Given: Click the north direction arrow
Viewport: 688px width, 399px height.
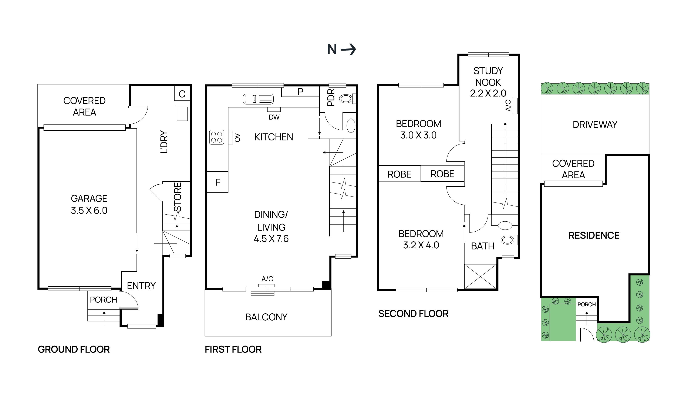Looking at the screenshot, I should tap(349, 50).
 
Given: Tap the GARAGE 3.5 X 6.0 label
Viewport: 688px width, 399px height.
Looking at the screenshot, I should tap(89, 204).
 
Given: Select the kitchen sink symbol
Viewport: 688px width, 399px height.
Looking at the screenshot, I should tap(258, 99).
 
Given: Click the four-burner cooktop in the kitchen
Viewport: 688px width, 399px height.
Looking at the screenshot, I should tap(216, 137).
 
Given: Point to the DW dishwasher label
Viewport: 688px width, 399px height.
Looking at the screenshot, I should tap(274, 117).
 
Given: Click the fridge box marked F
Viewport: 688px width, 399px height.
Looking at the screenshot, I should tap(217, 182).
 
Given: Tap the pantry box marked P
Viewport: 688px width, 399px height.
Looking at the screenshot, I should tap(300, 92).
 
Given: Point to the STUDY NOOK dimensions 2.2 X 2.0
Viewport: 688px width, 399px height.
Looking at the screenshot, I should tap(488, 93).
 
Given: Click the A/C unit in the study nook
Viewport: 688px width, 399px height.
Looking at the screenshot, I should tap(515, 106).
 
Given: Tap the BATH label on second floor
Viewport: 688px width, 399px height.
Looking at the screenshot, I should tap(482, 246).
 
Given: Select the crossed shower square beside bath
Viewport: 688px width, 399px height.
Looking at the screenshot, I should tap(480, 276).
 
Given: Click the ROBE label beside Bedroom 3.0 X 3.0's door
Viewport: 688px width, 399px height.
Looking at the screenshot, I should tap(442, 174).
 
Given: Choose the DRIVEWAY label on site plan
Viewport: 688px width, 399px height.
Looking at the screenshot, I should tap(595, 125).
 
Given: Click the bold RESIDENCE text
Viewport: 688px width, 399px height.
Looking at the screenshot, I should tap(594, 235).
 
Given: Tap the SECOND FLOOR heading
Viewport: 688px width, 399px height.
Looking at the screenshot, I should tap(413, 314).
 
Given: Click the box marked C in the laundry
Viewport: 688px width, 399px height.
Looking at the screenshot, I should tap(182, 94).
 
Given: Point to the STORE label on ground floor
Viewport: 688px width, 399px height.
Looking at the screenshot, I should tap(178, 197).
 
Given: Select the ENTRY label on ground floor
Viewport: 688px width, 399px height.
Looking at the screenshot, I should tap(141, 286).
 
